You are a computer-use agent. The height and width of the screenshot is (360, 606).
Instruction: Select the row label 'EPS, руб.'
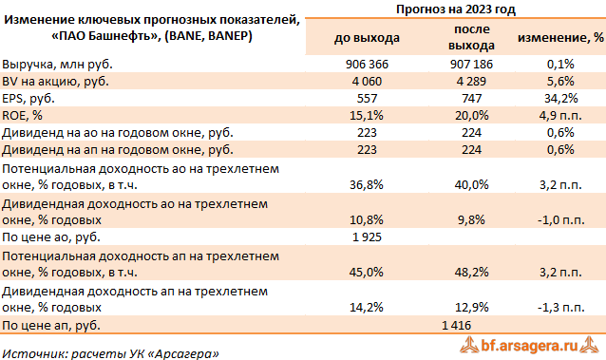point(30,99)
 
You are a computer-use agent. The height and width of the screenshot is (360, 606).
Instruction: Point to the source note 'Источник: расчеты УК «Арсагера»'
point(110,351)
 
